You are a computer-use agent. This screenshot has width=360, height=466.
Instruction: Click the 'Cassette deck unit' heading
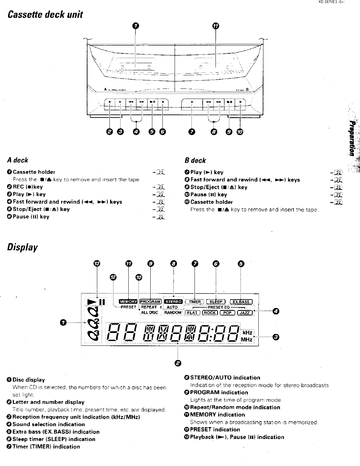(45, 15)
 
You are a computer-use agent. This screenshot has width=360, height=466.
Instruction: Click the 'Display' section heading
(22, 248)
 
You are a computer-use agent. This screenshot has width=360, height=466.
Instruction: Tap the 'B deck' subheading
(195, 160)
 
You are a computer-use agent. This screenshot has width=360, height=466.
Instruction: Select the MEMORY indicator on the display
(128, 302)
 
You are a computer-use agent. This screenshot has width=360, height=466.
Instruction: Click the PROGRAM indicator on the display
(150, 302)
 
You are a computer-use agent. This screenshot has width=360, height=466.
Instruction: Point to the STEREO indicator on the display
(173, 302)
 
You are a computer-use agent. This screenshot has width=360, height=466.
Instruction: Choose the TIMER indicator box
(195, 302)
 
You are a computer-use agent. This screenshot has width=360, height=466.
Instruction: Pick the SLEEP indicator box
(216, 302)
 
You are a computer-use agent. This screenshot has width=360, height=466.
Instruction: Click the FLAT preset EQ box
(192, 313)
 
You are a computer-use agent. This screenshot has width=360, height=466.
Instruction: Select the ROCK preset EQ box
(210, 313)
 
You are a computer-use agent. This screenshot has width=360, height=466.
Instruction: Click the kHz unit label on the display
(248, 333)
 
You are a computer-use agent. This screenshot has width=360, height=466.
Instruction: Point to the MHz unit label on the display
(247, 339)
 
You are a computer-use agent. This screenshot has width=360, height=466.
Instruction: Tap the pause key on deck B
(240, 101)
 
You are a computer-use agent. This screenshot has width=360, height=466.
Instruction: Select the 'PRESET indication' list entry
(215, 430)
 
